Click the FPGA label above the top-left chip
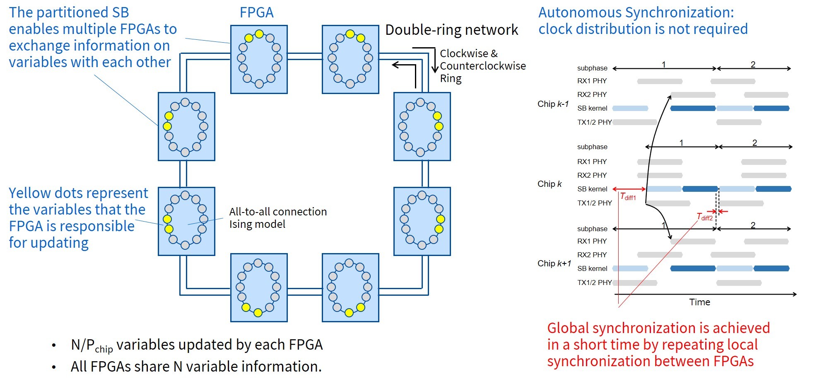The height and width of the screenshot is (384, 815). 257,12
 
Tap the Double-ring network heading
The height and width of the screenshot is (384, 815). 451,30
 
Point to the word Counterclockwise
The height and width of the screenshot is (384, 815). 482,66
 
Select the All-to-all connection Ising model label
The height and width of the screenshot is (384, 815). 278,218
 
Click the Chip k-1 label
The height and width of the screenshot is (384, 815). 553,104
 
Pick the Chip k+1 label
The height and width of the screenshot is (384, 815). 554,263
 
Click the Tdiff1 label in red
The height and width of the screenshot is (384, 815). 628,197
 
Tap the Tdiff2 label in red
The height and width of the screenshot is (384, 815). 704,217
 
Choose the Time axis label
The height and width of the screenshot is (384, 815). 699,302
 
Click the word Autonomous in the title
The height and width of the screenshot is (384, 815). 580,12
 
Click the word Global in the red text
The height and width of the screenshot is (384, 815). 568,328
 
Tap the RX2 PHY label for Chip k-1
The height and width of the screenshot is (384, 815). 592,94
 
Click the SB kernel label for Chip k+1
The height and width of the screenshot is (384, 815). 592,268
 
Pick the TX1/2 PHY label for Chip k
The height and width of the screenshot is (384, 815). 594,203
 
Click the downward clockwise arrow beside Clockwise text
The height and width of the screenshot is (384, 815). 435,62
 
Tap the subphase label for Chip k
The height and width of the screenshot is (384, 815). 592,147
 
